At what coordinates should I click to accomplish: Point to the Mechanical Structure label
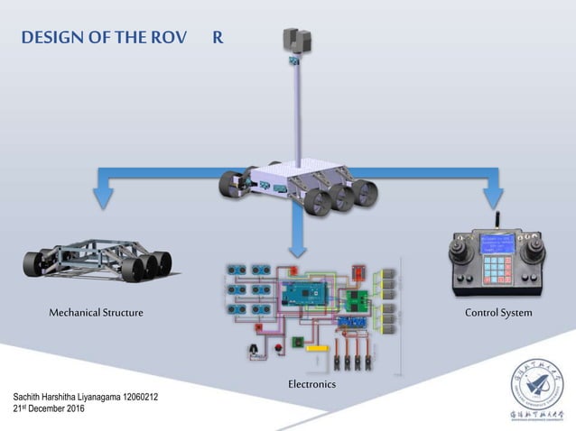(x=96, y=312)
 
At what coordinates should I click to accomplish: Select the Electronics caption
(x=311, y=384)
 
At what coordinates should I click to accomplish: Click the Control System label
(x=498, y=312)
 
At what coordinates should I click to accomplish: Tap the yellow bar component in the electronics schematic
(x=317, y=348)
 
